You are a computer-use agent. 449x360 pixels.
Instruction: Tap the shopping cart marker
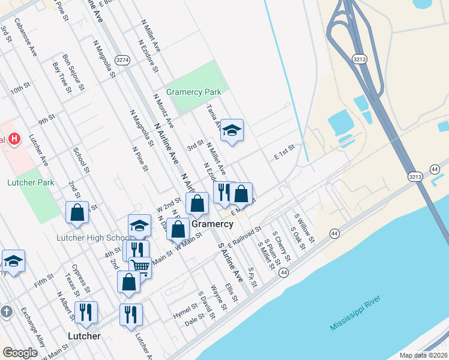(x=140, y=266)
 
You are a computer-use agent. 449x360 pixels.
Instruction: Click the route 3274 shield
(x=123, y=60)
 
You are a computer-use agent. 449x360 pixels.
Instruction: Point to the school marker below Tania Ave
(x=232, y=130)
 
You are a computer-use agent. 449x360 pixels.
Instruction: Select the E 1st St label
(x=285, y=152)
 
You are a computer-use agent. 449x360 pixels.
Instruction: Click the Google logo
(x=20, y=353)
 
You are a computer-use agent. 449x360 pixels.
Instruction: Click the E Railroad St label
(x=245, y=235)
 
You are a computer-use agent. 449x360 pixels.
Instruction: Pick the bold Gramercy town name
(x=212, y=224)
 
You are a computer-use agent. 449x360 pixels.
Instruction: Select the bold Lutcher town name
(x=84, y=336)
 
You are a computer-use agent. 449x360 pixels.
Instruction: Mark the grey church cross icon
(x=6, y=312)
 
